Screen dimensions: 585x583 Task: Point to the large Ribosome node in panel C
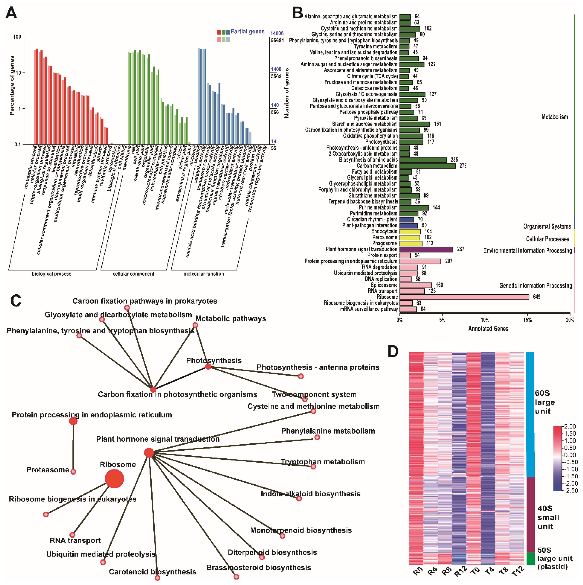(114, 479)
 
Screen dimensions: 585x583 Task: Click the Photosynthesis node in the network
(208, 367)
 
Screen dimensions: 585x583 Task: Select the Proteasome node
(73, 471)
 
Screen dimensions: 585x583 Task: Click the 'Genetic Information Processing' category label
(535, 286)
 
